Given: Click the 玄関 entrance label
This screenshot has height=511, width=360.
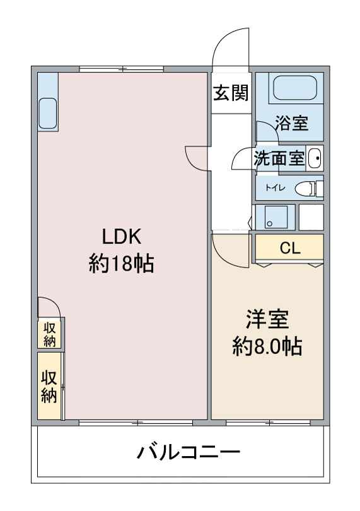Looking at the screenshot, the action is click(231, 93).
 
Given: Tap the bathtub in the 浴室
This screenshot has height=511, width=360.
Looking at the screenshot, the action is click(295, 88).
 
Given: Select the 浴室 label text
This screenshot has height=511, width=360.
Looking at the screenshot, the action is click(291, 123).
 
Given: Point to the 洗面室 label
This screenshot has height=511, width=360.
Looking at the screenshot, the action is click(279, 159).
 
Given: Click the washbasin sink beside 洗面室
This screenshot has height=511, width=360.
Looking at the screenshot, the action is click(315, 158).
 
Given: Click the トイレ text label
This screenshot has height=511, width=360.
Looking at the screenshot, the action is click(276, 188).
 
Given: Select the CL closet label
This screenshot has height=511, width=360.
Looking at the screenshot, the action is click(289, 249).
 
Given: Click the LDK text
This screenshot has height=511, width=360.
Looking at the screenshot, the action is click(122, 237).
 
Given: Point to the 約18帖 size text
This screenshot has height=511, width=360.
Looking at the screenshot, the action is click(122, 264).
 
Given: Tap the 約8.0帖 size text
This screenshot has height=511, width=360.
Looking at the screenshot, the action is click(267, 346).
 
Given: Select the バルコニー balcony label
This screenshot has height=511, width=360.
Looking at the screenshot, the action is click(189, 452).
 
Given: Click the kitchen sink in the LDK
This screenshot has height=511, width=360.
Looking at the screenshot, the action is click(48, 113).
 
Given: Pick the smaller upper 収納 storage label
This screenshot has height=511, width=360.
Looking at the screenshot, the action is click(50, 334).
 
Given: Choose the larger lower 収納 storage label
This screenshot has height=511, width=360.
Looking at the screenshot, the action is click(49, 387).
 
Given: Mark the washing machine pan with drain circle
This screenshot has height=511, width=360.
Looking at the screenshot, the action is click(271, 216).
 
